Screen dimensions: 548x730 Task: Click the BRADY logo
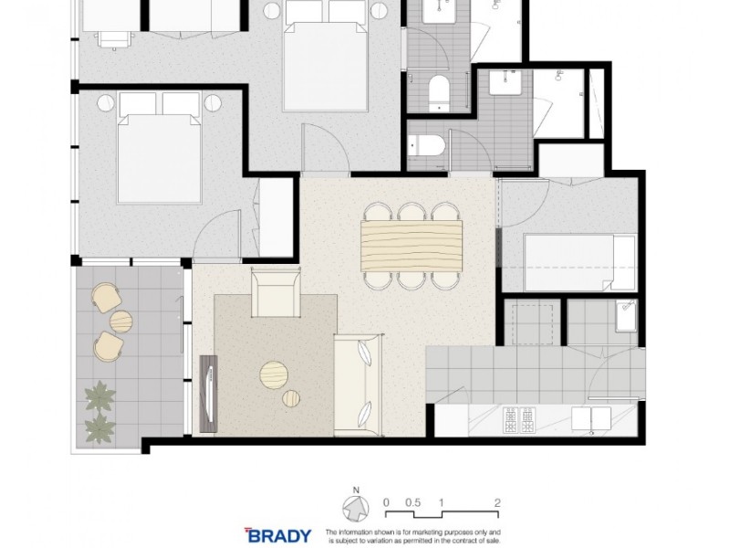click(278, 535)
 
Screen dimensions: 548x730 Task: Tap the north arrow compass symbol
click(354, 508)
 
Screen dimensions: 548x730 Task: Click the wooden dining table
click(412, 245)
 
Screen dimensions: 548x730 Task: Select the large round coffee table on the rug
click(274, 374)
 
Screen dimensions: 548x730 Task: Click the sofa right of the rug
click(358, 384)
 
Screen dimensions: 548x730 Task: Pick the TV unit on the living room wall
click(208, 393)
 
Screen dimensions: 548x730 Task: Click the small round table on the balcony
click(121, 321)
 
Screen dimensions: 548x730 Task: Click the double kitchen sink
click(590, 418)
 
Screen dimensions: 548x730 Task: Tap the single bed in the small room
click(579, 262)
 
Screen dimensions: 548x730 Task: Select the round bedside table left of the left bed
click(105, 101)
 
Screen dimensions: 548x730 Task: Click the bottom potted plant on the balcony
click(99, 427)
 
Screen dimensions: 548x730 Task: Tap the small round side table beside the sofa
click(292, 398)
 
